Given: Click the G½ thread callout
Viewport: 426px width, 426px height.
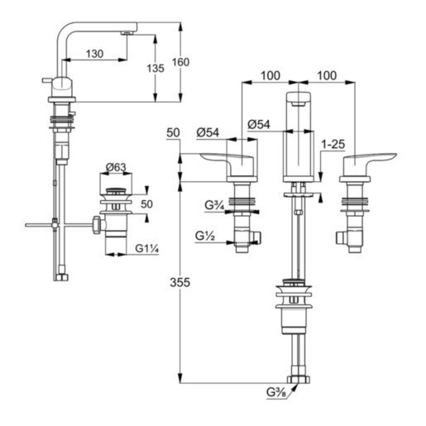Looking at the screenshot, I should point(205,237).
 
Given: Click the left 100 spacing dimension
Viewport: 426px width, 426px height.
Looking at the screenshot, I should point(269,75).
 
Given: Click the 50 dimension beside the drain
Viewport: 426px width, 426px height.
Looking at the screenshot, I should point(147,204).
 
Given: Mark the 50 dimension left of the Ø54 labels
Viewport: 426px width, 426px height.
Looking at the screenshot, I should point(173,132).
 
